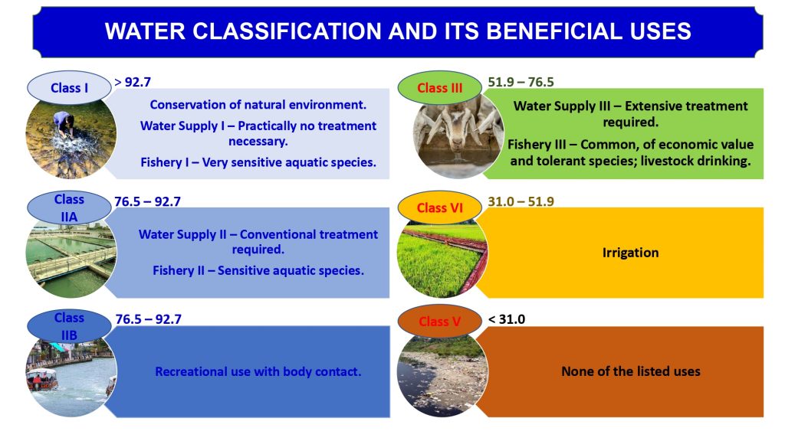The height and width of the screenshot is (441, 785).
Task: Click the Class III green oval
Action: pos(439,88)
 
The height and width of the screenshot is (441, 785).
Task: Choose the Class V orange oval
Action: pos(439,322)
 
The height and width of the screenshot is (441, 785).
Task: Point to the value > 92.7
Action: pos(133,80)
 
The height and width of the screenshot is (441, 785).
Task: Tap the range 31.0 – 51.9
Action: pos(521,201)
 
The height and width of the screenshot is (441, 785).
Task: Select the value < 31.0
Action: pos(507,318)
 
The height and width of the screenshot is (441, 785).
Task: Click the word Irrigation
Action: pos(630,252)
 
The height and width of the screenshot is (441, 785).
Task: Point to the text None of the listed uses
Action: pos(630,371)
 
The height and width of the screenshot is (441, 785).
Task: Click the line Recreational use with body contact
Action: pos(258,371)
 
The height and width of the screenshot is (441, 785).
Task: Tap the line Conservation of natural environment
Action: pos(258,104)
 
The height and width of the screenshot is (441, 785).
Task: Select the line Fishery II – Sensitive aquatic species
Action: pos(258,269)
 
